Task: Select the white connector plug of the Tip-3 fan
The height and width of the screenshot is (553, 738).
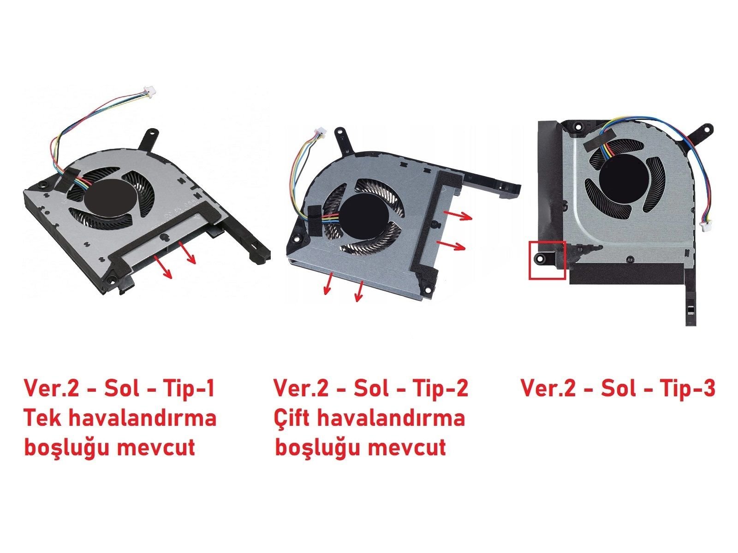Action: pos(704,226)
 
